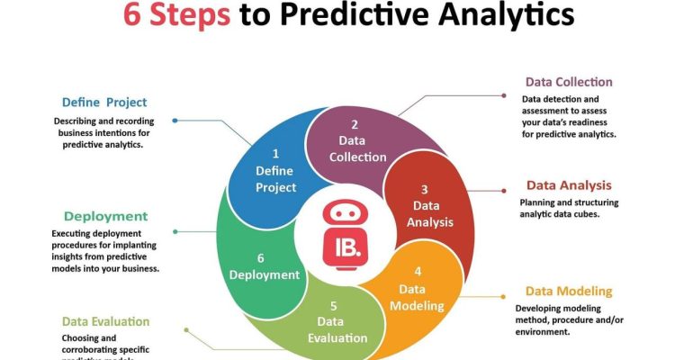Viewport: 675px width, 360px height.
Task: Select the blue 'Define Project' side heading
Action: [x=104, y=102]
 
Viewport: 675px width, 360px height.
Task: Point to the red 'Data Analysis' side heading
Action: [x=569, y=185]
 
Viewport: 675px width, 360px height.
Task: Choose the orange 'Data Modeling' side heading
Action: [x=569, y=291]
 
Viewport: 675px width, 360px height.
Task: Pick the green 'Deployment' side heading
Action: [x=105, y=216]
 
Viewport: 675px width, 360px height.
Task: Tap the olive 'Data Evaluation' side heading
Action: [x=105, y=321]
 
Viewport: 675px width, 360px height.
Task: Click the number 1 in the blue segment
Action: [x=275, y=154]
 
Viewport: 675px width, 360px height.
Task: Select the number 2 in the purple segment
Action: [x=355, y=124]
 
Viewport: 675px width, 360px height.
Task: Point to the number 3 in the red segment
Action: [x=425, y=189]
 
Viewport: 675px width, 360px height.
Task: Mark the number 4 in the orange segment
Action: [x=417, y=272]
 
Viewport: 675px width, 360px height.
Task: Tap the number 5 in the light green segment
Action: [x=334, y=305]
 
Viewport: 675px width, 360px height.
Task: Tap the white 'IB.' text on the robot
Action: [x=346, y=244]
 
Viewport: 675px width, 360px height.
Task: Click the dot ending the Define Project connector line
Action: [x=175, y=120]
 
